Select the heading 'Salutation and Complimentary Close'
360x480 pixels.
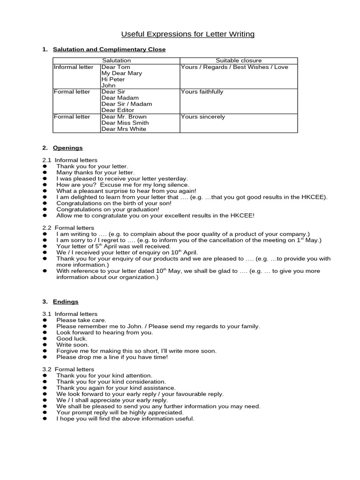[109, 49]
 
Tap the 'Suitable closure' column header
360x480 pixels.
[239, 60]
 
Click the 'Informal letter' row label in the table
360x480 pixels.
[74, 67]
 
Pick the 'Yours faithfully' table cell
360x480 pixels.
[202, 92]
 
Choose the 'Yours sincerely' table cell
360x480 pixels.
[203, 117]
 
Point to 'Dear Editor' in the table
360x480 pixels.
[118, 110]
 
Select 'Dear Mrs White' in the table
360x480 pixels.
[124, 129]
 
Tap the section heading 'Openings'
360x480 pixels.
[67, 148]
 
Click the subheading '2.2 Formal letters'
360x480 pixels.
[68, 227]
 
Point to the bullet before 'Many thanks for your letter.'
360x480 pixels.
[45, 172]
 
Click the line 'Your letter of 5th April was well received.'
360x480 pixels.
[113, 246]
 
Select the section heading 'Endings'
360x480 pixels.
[66, 302]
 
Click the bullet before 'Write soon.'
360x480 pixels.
[45, 345]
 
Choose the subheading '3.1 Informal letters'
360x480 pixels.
[70, 314]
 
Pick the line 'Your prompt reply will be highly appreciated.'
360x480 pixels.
[120, 412]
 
